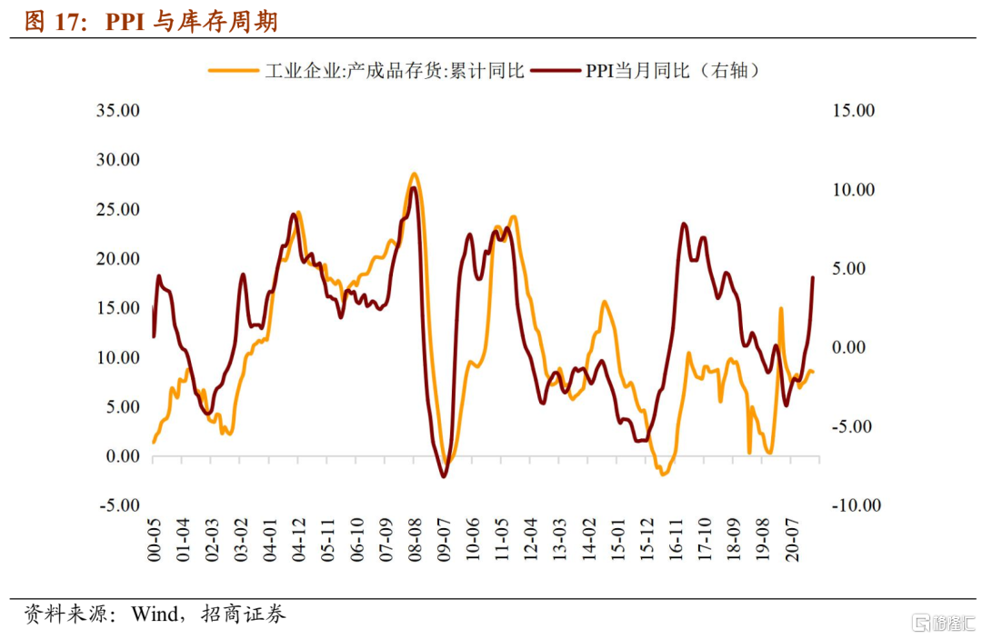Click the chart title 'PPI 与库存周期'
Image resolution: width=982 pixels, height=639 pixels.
192,22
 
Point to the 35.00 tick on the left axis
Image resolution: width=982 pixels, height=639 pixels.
118,111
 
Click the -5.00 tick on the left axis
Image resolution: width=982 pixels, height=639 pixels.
118,505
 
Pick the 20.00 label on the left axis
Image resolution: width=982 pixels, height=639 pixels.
118,259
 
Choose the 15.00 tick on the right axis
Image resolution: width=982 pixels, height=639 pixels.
852,111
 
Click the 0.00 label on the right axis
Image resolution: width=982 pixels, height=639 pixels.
852,347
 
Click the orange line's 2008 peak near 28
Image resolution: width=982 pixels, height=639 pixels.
414,174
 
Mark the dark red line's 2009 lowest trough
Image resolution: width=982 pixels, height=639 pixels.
444,476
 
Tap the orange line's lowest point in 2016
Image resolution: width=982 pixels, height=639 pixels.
663,474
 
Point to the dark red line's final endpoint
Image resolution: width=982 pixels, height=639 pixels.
812,277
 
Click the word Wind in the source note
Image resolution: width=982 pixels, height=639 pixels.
155,614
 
